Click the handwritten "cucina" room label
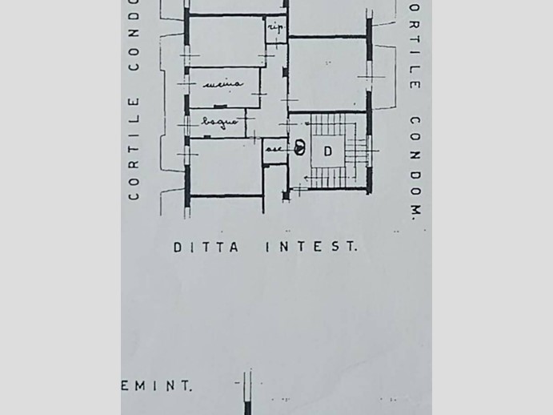click(x=223, y=83)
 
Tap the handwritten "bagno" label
click(x=219, y=122)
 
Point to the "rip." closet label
click(x=275, y=28)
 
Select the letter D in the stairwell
click(x=328, y=151)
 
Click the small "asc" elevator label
click(x=274, y=148)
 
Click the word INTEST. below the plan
click(x=311, y=248)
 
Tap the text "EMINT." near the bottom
click(x=158, y=385)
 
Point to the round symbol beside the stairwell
click(x=299, y=147)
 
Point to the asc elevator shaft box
click(x=274, y=151)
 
